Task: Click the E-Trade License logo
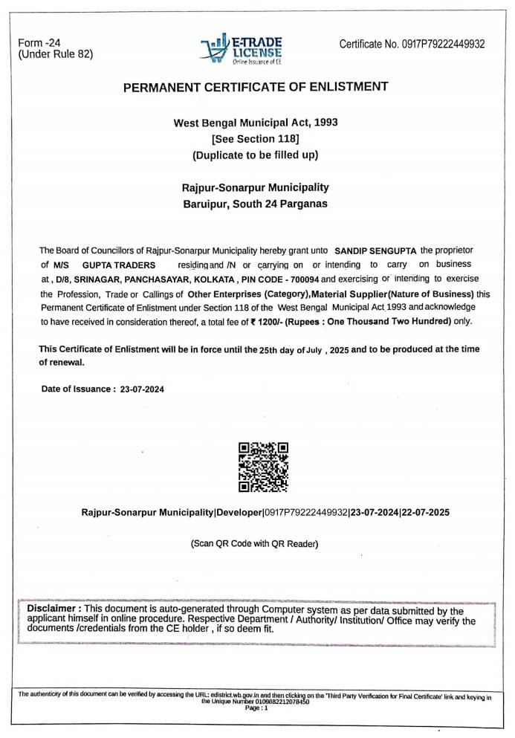242,49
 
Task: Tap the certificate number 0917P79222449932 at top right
443,44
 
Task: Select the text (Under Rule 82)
56,54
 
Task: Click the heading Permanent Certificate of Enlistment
255,87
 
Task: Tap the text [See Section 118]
255,138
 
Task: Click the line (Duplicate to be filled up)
255,155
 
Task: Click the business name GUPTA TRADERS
119,265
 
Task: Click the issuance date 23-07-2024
142,389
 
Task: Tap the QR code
262,467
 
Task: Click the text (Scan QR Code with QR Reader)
254,544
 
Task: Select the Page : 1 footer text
256,708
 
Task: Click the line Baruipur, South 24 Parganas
255,204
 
